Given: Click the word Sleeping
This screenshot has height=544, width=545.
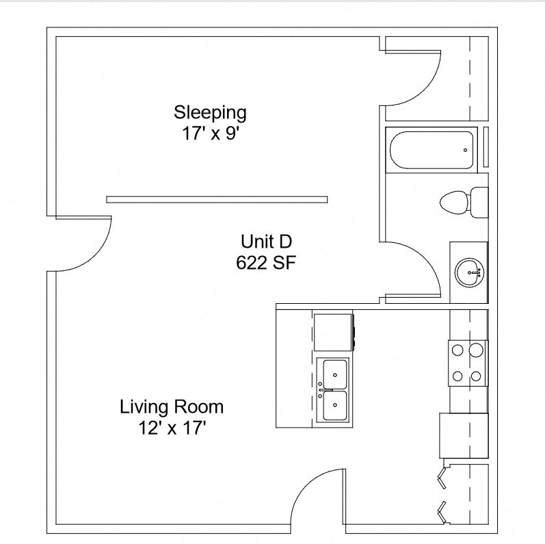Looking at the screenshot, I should pos(210,112).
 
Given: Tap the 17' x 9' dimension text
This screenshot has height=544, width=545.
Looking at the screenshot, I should pos(210,133).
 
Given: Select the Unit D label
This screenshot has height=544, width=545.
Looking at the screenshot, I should pos(266,241).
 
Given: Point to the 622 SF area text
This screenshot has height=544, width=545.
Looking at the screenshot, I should pos(266,262).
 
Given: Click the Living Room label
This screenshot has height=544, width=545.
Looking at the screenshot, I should pos(172,407).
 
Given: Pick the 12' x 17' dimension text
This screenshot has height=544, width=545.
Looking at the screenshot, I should pos(172,428).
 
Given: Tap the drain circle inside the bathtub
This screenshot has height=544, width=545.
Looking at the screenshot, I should pos(465,150).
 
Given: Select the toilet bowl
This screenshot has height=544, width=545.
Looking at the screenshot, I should pos(453,203).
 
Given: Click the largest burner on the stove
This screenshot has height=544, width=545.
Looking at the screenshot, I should pos(477,351).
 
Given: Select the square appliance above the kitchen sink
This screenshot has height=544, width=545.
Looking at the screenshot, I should pos(333,331).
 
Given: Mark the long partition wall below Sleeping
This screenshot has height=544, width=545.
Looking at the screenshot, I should pos(217,200).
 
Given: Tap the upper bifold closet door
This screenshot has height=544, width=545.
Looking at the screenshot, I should pos(442,477).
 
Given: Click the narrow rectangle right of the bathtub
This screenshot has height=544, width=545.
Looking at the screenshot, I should pos(486,147).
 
